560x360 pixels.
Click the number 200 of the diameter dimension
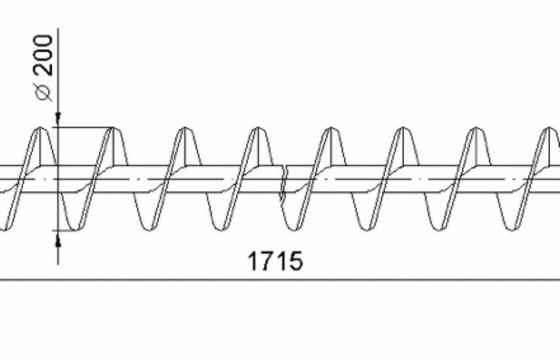(44, 55)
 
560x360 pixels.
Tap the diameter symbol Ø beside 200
(44, 92)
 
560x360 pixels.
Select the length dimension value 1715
(275, 261)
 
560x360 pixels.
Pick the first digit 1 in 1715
(253, 261)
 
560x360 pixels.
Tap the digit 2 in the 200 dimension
(44, 70)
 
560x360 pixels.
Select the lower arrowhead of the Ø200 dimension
(58, 238)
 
